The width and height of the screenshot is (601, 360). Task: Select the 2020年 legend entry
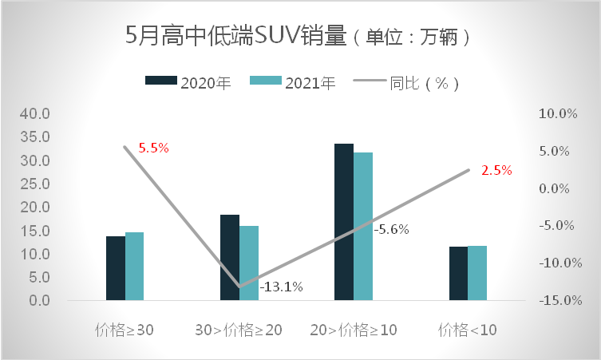coord(188,82)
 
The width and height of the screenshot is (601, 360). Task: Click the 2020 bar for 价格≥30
coord(116,268)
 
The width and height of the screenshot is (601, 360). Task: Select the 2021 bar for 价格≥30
coord(134,267)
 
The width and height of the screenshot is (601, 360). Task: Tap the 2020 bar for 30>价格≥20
coord(230,258)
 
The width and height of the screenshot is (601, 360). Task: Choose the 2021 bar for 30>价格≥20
coord(249,263)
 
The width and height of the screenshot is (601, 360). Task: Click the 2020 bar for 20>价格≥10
coord(344,222)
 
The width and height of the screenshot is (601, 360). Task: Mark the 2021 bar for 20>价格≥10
coord(363,227)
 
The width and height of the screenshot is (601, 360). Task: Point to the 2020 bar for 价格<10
coord(458,274)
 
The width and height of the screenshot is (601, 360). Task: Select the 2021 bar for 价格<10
coord(477,273)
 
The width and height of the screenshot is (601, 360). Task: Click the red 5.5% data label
coord(154,148)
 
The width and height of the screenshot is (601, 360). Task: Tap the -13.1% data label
coord(281,287)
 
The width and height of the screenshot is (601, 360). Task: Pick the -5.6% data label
coord(392,229)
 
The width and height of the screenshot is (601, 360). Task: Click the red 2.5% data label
coord(496,170)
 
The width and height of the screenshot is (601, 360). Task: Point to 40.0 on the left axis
coord(35,114)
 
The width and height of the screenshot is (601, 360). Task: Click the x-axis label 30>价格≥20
coord(239,330)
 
